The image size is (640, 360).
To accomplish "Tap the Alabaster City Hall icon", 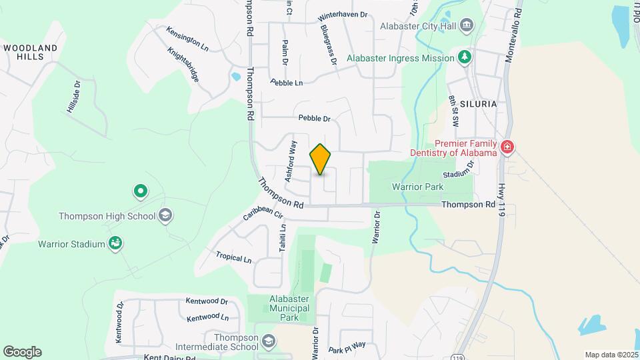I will click(466, 27).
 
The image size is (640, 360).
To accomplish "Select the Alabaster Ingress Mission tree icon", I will click(465, 58).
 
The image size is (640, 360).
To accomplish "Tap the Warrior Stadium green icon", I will click(116, 244).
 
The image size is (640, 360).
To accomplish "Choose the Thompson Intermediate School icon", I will click(268, 342).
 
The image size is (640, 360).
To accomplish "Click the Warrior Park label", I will click(417, 187).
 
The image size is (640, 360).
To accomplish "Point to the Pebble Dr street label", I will click(315, 118).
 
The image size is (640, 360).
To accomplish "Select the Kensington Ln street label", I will click(187, 39).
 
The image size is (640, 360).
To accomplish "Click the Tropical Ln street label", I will click(234, 257).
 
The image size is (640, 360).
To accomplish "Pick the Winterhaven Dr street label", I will click(343, 15).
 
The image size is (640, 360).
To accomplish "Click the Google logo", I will click(22, 352).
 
